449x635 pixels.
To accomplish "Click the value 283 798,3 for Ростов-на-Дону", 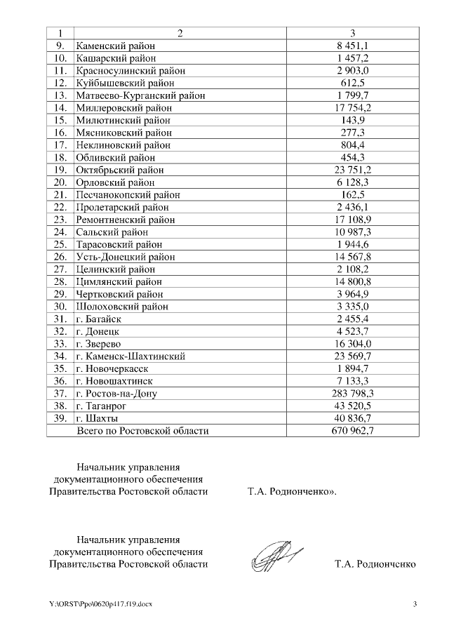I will coord(353,393).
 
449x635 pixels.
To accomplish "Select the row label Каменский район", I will coord(115,46).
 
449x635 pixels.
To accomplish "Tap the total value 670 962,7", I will coord(353,430).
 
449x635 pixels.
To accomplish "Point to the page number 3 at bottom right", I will coord(415,604).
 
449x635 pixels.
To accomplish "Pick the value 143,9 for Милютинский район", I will coord(353,120).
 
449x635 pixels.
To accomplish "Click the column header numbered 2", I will coord(179,33).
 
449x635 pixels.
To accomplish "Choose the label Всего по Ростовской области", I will coord(142,430).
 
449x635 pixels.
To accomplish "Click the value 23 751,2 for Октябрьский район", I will coord(353,170).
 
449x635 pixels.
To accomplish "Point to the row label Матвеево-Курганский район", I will coord(140,95).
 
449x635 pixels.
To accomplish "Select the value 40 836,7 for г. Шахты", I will coord(353,418).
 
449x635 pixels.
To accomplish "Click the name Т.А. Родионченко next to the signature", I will coord(375,563).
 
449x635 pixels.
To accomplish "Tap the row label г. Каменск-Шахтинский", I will coord(130,356).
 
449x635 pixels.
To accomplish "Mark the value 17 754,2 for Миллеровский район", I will coord(353,107).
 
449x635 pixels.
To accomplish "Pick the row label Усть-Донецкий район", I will coord(126,257).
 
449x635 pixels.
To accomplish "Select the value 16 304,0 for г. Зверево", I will coord(353,343).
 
